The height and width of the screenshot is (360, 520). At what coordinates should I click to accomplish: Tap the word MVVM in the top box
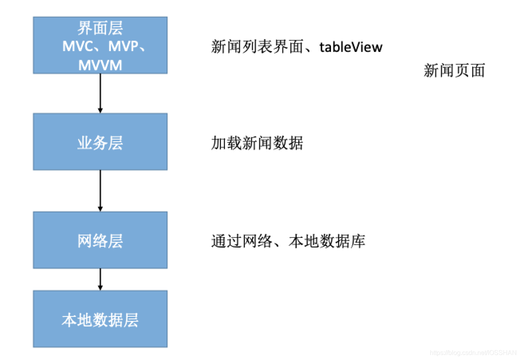(x=100, y=65)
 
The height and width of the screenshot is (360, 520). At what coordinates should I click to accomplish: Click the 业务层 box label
(x=100, y=143)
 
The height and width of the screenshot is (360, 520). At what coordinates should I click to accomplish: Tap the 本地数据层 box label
(x=100, y=320)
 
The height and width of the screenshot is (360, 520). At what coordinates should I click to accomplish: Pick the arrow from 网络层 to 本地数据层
(x=100, y=279)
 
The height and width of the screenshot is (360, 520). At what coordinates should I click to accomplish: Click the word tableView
(x=351, y=47)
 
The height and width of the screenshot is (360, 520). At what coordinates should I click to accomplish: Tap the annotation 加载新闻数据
(x=257, y=143)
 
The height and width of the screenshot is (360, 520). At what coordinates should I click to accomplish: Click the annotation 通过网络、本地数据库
(x=288, y=241)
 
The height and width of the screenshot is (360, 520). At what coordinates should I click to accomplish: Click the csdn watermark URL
(x=473, y=353)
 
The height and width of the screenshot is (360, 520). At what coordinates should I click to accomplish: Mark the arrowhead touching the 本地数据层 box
(x=100, y=287)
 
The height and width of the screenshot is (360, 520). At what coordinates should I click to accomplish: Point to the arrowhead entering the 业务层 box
(x=100, y=110)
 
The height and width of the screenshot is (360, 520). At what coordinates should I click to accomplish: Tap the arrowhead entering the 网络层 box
(x=100, y=208)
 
